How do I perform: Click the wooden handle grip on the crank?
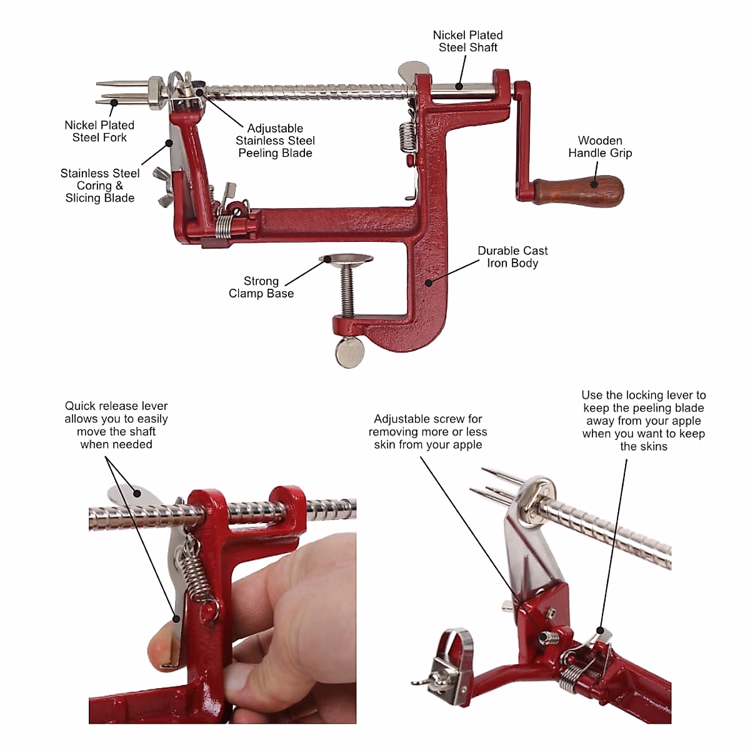pyautogui.click(x=578, y=191)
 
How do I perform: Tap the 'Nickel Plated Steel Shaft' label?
pyautogui.click(x=467, y=41)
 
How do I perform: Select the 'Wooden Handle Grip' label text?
pyautogui.click(x=599, y=147)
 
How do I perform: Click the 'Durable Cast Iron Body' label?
pyautogui.click(x=512, y=257)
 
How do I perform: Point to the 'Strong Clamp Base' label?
pyautogui.click(x=261, y=287)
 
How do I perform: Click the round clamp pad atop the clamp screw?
pyautogui.click(x=346, y=258)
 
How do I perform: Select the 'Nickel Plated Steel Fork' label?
pyautogui.click(x=99, y=131)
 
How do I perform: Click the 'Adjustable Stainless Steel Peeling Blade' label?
pyautogui.click(x=275, y=141)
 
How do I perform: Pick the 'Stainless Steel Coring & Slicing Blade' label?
pyautogui.click(x=99, y=186)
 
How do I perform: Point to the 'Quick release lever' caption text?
pyautogui.click(x=116, y=425)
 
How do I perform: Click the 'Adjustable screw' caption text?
pyautogui.click(x=427, y=432)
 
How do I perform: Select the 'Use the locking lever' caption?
pyautogui.click(x=643, y=421)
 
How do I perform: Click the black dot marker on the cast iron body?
pyautogui.click(x=429, y=282)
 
